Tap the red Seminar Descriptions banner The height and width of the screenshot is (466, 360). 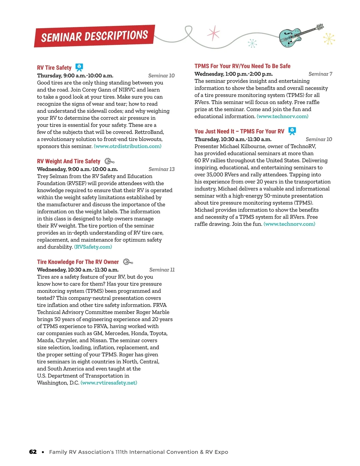click(x=94, y=36)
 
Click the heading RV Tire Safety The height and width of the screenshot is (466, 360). click(x=54, y=68)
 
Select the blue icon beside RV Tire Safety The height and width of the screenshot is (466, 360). click(x=79, y=67)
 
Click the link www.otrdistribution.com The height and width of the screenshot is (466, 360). click(x=127, y=146)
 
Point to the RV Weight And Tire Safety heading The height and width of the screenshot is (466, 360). click(x=68, y=161)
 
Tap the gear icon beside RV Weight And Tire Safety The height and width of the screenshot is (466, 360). click(x=109, y=161)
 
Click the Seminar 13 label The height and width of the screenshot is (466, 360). click(x=161, y=169)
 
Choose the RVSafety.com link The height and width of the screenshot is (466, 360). click(x=93, y=247)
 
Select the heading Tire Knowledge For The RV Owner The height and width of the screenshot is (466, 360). click(x=78, y=262)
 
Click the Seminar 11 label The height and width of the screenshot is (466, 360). click(x=162, y=270)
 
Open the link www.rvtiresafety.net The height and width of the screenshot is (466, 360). click(x=109, y=383)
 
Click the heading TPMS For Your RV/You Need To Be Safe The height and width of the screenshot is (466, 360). click(x=242, y=66)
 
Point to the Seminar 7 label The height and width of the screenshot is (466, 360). click(x=320, y=74)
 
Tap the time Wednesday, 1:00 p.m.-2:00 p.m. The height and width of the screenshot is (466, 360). click(x=233, y=74)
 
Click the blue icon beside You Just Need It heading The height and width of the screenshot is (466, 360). click(x=292, y=131)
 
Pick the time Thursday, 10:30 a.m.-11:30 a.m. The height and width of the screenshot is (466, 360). click(x=233, y=139)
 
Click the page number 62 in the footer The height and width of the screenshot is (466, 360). click(x=33, y=452)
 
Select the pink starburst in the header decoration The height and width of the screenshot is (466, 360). click(x=213, y=33)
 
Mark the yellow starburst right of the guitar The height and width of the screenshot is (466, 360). click(x=329, y=39)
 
